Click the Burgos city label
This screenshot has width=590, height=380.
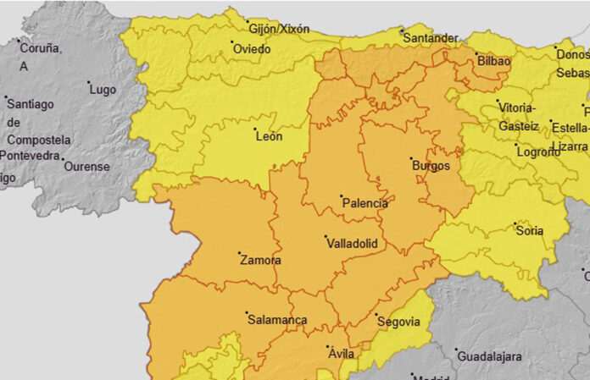coord(431,166)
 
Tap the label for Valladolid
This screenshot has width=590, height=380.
coord(352,244)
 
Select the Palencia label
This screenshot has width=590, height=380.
coord(365,204)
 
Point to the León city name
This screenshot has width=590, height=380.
coord(269,136)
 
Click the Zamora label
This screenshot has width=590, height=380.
coord(260,261)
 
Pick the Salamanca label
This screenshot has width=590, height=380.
coord(278,321)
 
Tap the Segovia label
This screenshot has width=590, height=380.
coord(398,322)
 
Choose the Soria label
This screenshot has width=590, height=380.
coord(530,229)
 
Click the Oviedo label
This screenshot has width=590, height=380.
coord(252,49)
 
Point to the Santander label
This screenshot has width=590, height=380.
coord(431,38)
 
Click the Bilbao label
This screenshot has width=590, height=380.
coord(494,62)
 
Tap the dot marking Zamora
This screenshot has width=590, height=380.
coord(241,253)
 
